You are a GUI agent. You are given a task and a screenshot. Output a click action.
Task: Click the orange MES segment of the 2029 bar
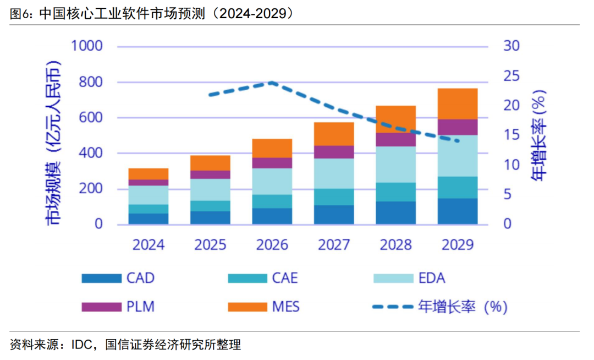pyautogui.click(x=457, y=103)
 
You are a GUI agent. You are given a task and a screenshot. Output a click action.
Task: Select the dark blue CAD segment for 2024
pyautogui.click(x=148, y=219)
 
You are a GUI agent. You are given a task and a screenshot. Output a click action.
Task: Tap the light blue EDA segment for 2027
pyautogui.click(x=334, y=173)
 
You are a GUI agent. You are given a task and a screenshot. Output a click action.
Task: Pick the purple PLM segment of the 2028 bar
pyautogui.click(x=395, y=139)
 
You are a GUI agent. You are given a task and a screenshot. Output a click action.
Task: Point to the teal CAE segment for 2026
pyautogui.click(x=272, y=201)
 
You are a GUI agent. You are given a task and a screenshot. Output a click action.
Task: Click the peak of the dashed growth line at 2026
pyautogui.click(x=272, y=83)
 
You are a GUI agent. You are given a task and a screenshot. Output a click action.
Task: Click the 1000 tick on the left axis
pyautogui.click(x=87, y=46)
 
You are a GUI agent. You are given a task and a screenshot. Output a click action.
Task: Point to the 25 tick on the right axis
pyautogui.click(x=512, y=75)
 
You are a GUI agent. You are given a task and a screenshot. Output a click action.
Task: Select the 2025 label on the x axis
pyautogui.click(x=210, y=244)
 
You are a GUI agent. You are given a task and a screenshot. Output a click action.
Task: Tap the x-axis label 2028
pyautogui.click(x=395, y=244)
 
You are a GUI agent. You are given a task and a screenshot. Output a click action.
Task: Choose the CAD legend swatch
pyautogui.click(x=101, y=278)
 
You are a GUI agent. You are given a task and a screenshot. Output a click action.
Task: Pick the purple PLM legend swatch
pyautogui.click(x=101, y=307)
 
